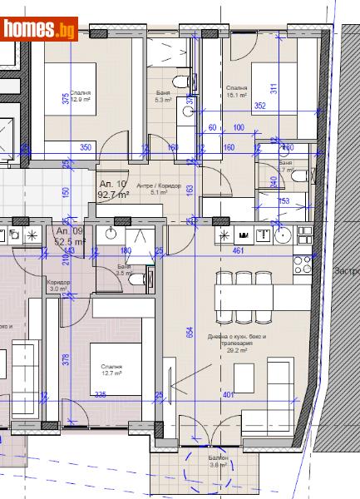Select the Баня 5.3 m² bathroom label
click(162, 96)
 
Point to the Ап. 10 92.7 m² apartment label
click(113, 189)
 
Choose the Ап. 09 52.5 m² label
click(69, 235)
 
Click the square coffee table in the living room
click(244, 378)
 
